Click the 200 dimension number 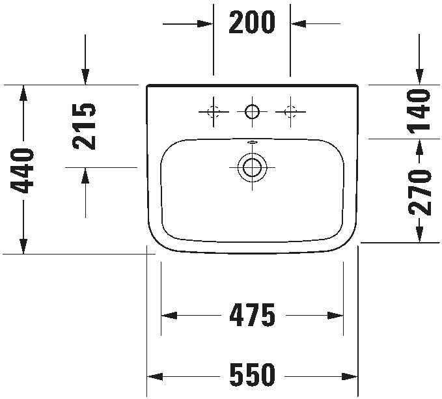point(252,22)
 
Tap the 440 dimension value point(22,171)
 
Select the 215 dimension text point(84,126)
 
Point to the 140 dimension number point(419,109)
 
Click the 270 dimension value point(419,193)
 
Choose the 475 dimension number point(253,315)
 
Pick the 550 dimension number point(252,375)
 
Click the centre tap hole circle point(252,111)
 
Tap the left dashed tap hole point(214,111)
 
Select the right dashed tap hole point(290,111)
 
